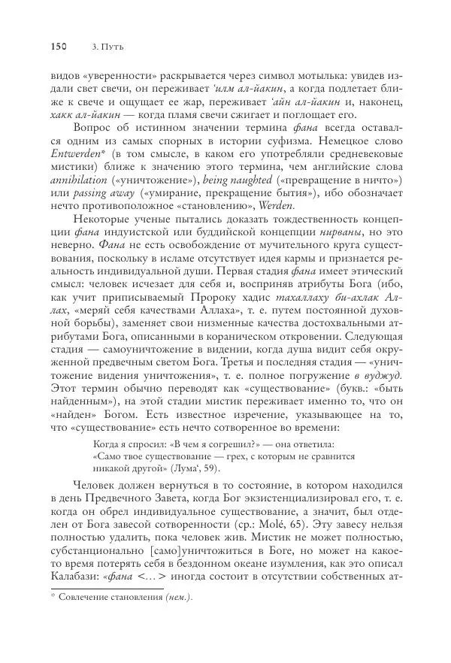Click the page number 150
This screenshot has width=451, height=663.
click(59, 47)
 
